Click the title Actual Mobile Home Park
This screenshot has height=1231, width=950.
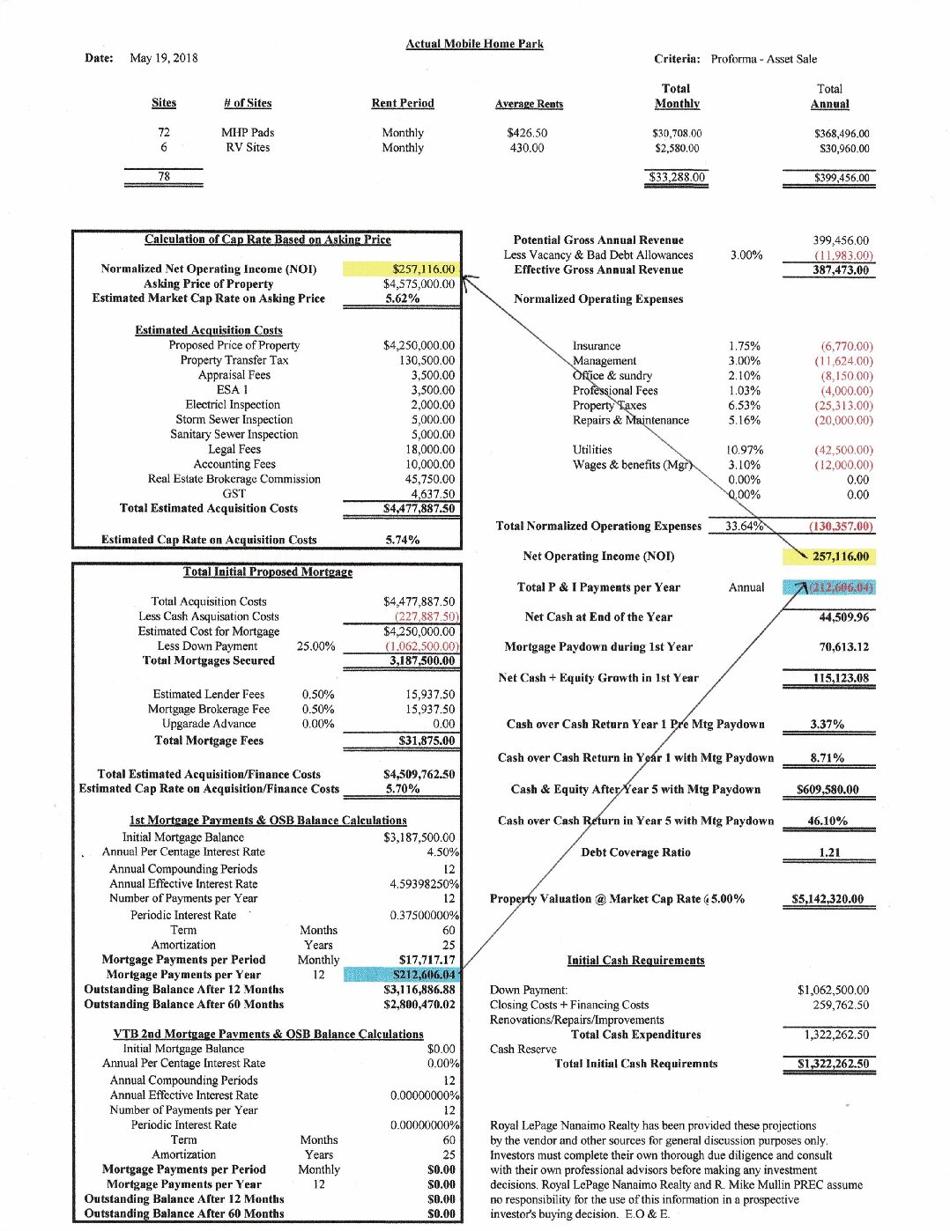coord(474,44)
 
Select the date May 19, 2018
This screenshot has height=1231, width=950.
coord(163,58)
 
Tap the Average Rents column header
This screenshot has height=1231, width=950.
coord(529,104)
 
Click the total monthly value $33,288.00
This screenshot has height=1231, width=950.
coord(677,177)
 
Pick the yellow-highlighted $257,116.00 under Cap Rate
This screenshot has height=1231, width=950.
coord(423,269)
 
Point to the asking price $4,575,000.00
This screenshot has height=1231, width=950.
coord(419,284)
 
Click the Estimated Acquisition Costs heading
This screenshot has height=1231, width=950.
coord(209,330)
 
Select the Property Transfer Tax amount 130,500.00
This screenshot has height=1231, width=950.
coord(427,360)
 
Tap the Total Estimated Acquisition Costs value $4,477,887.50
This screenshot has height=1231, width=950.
coord(419,508)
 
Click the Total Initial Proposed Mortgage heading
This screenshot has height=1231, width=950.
coord(268,571)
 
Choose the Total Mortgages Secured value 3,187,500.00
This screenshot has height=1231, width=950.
coord(422,660)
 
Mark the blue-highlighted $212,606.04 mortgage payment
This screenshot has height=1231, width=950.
coord(424,974)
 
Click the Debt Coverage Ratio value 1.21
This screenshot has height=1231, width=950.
coord(829,852)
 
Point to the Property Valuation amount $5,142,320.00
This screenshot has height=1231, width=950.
coord(828,899)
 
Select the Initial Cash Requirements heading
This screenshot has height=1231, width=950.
coord(635,960)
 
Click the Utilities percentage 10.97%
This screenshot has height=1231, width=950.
coord(746,450)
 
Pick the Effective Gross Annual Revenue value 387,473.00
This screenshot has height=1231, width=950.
coord(840,269)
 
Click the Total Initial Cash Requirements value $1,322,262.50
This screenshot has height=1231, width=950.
coord(833,1064)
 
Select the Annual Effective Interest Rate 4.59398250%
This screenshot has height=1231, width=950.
coord(424,883)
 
